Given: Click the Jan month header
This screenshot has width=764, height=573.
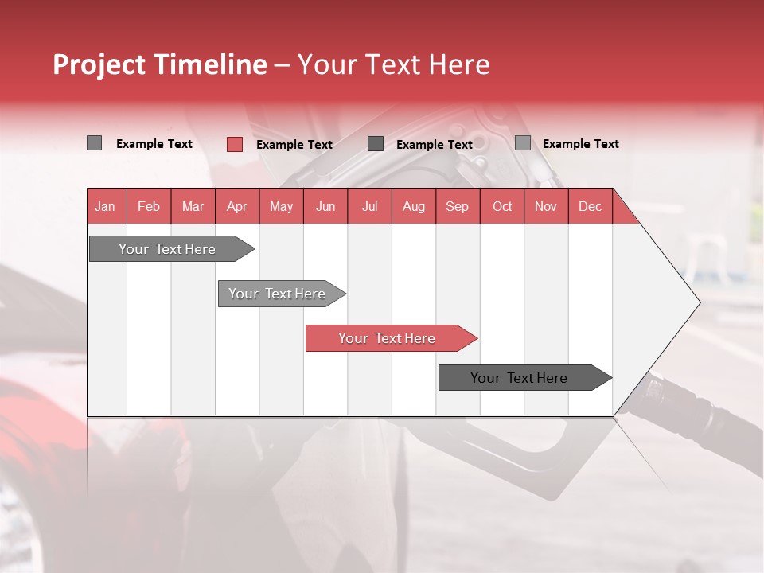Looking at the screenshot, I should click(105, 206).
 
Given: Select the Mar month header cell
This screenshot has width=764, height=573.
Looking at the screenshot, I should click(193, 206).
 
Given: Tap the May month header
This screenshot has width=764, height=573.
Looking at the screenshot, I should click(281, 206).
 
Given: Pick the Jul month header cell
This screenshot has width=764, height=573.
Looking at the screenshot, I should click(369, 206).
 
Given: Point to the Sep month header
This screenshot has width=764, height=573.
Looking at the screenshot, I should click(457, 206).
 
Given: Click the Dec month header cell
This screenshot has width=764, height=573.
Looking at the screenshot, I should click(590, 206).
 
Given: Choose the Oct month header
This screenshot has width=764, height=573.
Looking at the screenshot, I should click(502, 206).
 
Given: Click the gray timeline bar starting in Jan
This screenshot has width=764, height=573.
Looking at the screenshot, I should click(167, 249).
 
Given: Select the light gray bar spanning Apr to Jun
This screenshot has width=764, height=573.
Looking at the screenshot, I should click(277, 294).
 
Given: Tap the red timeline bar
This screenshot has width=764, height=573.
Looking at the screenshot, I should click(387, 338).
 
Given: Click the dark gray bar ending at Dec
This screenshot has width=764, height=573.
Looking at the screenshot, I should click(519, 378).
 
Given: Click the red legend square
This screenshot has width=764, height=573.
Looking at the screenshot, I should click(234, 144).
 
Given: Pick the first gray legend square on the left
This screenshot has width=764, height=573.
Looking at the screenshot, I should click(94, 143).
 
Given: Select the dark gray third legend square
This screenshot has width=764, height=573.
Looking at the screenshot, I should click(376, 144).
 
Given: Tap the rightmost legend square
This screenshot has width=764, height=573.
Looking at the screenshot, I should click(522, 143).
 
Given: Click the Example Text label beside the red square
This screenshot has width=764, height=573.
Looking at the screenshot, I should click(294, 145).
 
